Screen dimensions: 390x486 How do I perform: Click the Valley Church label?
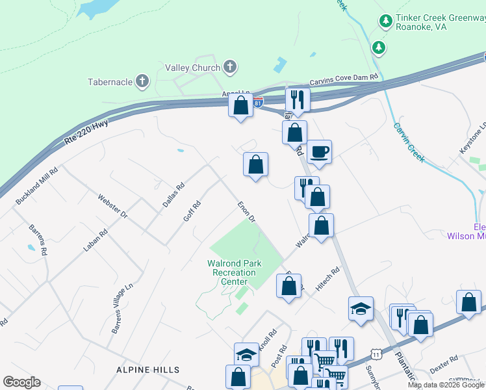192,67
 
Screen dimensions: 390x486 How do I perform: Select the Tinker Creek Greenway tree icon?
386,21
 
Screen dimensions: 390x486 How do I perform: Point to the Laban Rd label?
95,240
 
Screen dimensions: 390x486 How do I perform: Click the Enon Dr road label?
246,211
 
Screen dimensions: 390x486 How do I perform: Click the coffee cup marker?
319,152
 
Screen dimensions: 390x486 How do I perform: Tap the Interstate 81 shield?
258,102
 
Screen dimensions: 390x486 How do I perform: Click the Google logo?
22,382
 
